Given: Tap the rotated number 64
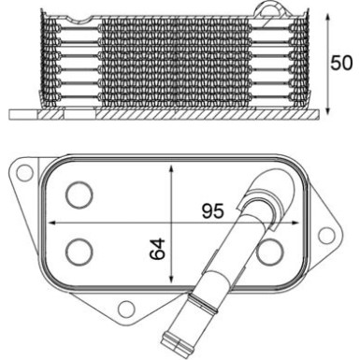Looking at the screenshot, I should coord(158,249).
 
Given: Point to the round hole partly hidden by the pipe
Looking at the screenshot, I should coord(270,250).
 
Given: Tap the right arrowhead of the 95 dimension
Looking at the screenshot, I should coord(296,223).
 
